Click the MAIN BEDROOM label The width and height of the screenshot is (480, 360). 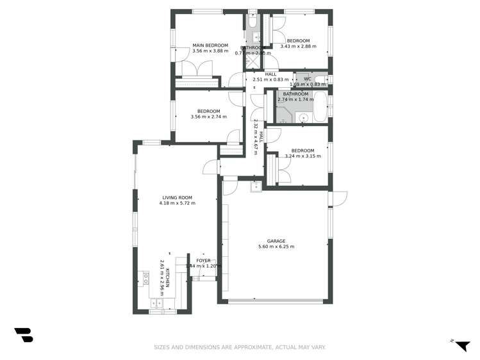pyautogui.click(x=210, y=45)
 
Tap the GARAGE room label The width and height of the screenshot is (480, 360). pyautogui.click(x=276, y=241)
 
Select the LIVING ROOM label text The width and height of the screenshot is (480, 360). pyautogui.click(x=177, y=197)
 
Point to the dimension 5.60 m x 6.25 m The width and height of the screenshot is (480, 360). pyautogui.click(x=276, y=247)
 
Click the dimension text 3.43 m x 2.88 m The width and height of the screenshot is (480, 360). pyautogui.click(x=298, y=47)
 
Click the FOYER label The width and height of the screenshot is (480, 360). pyautogui.click(x=203, y=261)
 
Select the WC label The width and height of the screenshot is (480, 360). pyautogui.click(x=307, y=79)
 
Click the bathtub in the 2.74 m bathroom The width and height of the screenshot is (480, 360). pyautogui.click(x=320, y=106)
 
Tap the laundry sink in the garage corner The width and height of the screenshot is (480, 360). pyautogui.click(x=256, y=185)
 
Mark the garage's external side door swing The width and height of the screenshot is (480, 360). pyautogui.click(x=338, y=198)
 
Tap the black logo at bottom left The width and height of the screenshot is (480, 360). pyautogui.click(x=23, y=334)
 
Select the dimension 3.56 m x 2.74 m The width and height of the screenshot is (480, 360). pyautogui.click(x=209, y=117)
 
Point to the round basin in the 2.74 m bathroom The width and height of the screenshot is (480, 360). pyautogui.click(x=303, y=118)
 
